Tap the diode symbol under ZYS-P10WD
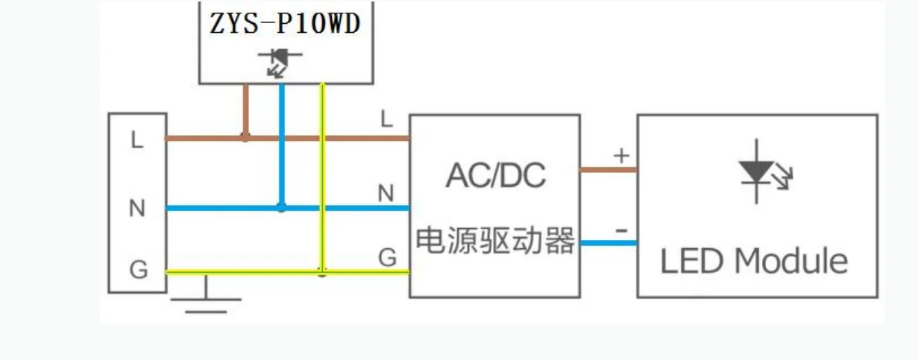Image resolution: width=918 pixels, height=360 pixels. pyautogui.click(x=280, y=61)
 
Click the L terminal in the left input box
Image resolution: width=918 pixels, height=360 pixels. pyautogui.click(x=136, y=139)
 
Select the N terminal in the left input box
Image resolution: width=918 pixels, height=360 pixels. pyautogui.click(x=136, y=208)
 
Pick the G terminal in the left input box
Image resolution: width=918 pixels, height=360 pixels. pyautogui.click(x=138, y=270)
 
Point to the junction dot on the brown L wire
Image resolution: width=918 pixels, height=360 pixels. pyautogui.click(x=245, y=137)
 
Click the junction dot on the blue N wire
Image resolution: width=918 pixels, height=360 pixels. pyautogui.click(x=281, y=207)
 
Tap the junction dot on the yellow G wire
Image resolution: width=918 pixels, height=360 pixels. pyautogui.click(x=322, y=272)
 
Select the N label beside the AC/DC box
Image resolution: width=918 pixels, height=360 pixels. pyautogui.click(x=386, y=193)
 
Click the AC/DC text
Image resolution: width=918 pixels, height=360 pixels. pyautogui.click(x=496, y=176)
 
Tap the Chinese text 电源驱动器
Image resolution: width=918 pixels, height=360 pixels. pyautogui.click(x=495, y=240)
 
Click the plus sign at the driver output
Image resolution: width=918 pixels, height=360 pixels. pyautogui.click(x=620, y=156)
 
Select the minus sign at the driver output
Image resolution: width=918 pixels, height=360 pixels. pyautogui.click(x=620, y=230)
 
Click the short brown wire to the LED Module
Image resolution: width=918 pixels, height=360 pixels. pyautogui.click(x=609, y=170)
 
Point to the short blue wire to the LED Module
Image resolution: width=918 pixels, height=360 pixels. pyautogui.click(x=609, y=242)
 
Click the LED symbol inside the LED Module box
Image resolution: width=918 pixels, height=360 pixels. pyautogui.click(x=761, y=171)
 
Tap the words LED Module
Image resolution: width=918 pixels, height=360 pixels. pyautogui.click(x=754, y=262)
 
